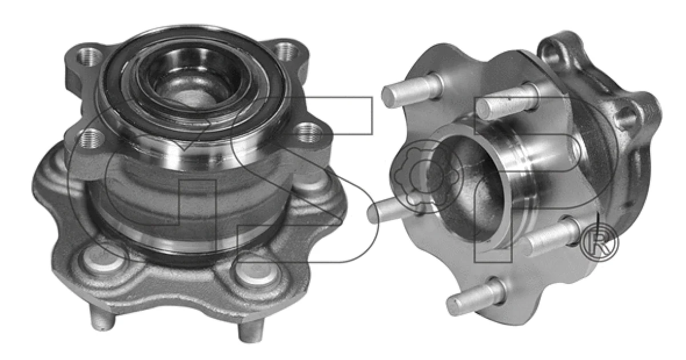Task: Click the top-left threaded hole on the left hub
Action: pos(88,56)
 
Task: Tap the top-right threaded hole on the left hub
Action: pos(286,50)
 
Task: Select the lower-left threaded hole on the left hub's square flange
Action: pos(91,138)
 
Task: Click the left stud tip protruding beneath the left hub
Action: pos(102,319)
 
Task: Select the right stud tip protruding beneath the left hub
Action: pos(250,331)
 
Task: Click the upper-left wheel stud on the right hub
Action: pos(411,90)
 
